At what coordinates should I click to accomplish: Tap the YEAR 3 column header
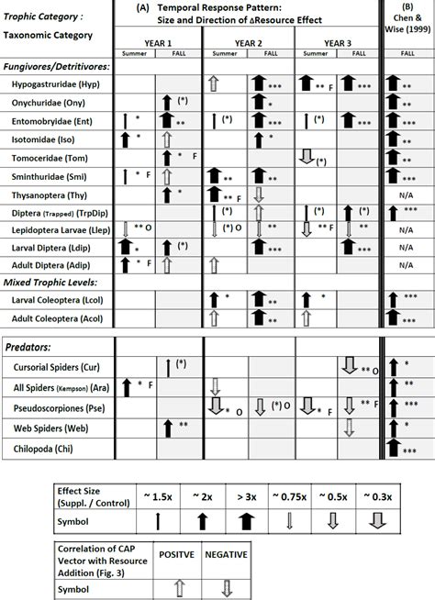point(335,42)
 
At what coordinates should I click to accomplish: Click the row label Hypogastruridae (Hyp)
point(56,84)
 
